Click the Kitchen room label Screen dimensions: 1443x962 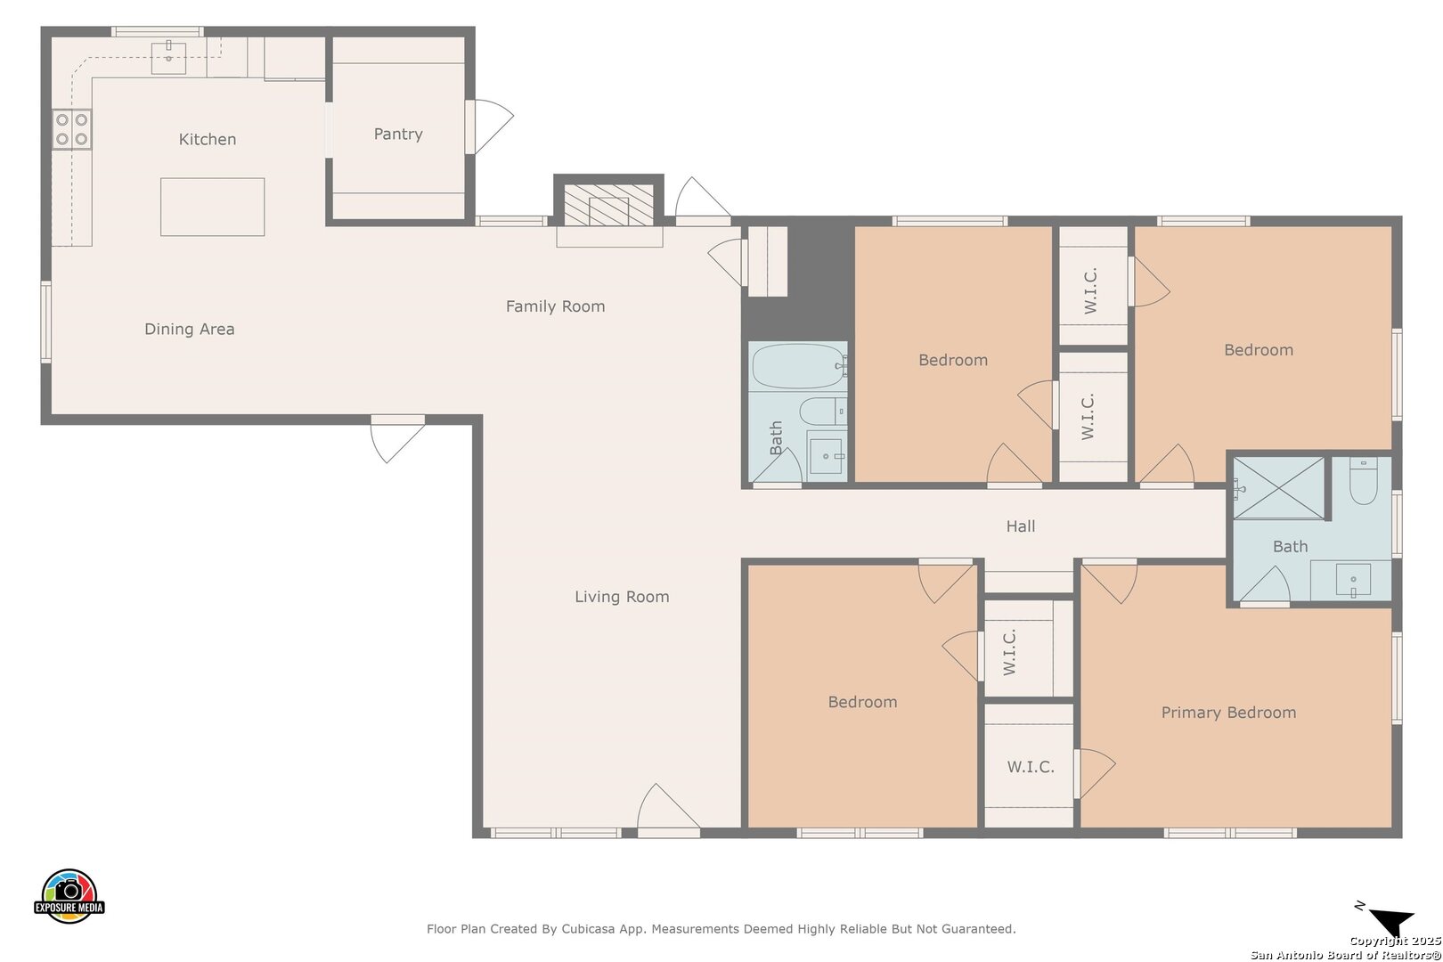[x=208, y=139]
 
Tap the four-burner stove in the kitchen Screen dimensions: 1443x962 [x=71, y=129]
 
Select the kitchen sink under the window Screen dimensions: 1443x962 [x=168, y=58]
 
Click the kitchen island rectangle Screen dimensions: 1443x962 [x=213, y=207]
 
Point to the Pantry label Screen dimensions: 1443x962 [x=398, y=134]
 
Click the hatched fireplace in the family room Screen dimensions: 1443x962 [x=608, y=205]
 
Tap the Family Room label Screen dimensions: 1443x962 [x=555, y=306]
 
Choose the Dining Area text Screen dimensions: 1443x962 [x=190, y=330]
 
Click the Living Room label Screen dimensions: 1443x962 [x=622, y=597]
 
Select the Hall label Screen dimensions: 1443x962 [x=1021, y=526]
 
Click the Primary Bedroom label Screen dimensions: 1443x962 [x=1228, y=713]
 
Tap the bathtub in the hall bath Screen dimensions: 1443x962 [x=800, y=366]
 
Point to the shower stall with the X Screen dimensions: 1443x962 [x=1279, y=488]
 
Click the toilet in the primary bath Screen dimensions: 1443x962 [x=1363, y=481]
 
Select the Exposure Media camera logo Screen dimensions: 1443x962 [x=69, y=895]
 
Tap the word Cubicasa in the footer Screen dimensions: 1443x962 [x=588, y=929]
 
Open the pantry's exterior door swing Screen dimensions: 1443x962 [x=490, y=126]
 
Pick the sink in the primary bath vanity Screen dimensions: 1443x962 [x=1353, y=581]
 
